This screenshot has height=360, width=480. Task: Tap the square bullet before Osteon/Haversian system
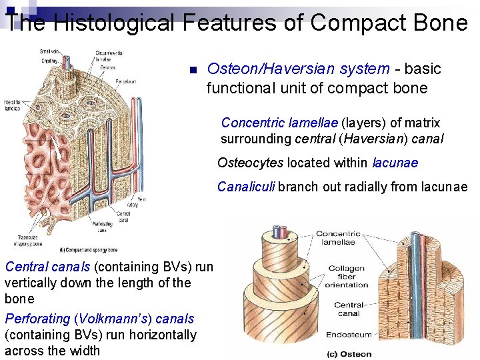pos(191,70)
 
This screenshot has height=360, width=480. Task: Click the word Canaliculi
pos(246,187)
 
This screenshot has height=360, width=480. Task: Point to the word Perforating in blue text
pos(37,319)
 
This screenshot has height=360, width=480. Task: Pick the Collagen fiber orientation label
pos(347,277)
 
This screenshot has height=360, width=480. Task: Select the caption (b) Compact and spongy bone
pos(89,250)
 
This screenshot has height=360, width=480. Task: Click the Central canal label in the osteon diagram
pos(348,309)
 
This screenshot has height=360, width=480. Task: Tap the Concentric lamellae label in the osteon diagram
pos(338,238)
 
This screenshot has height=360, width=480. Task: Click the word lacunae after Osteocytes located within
pos(395,163)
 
